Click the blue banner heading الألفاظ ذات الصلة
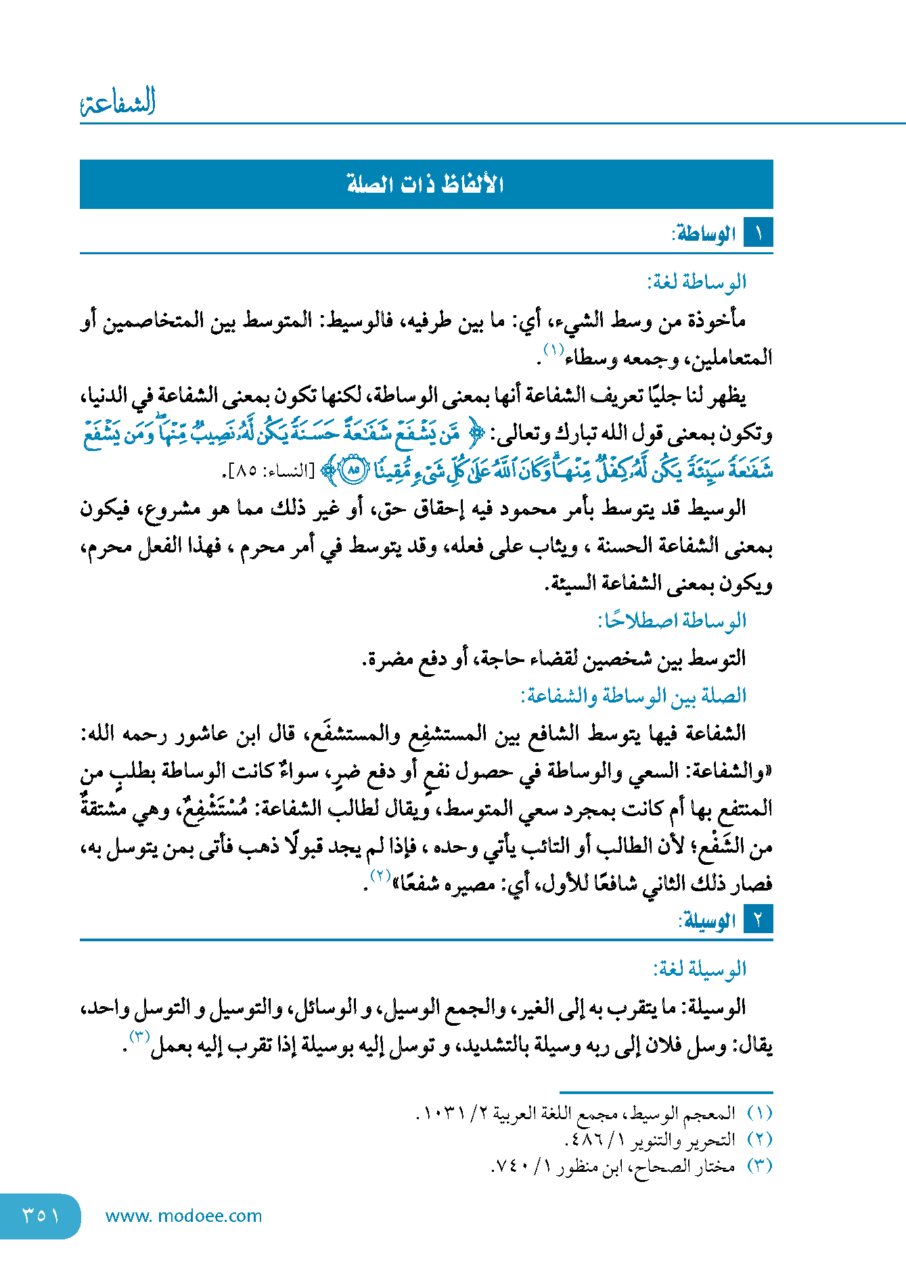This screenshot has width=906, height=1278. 426,184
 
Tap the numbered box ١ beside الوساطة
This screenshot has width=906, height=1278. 758,233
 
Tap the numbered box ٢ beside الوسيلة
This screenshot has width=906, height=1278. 758,920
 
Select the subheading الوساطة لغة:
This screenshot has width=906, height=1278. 697,282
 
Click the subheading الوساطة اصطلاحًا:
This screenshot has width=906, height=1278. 672,620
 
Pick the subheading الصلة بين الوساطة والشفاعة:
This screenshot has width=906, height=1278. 633,696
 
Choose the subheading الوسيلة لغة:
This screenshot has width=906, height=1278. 700,969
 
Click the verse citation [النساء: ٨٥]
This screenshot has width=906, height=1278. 273,471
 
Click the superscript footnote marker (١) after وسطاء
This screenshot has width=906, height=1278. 553,350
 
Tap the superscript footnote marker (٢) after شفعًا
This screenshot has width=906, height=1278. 380,876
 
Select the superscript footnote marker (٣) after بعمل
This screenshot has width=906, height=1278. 139,1037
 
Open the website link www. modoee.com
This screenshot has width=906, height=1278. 183,1216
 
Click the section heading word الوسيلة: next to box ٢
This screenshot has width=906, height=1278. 708,920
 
